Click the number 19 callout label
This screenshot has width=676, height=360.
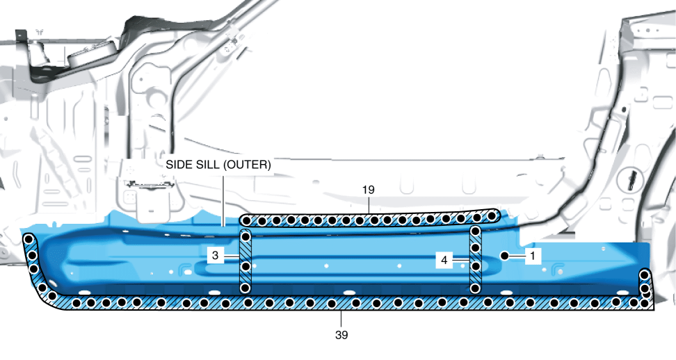pos(369,188)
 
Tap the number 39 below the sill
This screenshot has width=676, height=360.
pos(340,334)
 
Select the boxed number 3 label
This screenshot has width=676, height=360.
pos(216,256)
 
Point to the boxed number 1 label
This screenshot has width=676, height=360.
pos(532,256)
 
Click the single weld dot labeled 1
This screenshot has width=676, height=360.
pos(505,256)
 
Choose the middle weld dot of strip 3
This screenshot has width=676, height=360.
pos(245,265)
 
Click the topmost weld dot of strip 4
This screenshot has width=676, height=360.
pos(476,231)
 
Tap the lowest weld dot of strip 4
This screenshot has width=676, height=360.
pos(476,286)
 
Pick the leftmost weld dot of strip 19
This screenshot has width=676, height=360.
pos(246,220)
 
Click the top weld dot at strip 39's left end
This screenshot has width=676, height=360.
pos(29,240)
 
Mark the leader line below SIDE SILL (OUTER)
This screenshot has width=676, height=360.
pos(222,198)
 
